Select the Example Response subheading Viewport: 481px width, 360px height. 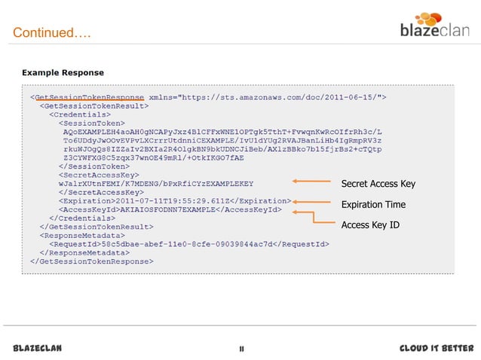tap(62, 73)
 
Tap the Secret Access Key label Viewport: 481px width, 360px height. tap(378, 185)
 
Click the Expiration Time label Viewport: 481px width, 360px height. tap(373, 205)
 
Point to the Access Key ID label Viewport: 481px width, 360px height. tap(370, 224)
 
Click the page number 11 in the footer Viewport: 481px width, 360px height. tap(240, 349)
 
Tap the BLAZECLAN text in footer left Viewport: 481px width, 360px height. tap(38, 348)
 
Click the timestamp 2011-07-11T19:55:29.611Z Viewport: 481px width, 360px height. tap(180, 201)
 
